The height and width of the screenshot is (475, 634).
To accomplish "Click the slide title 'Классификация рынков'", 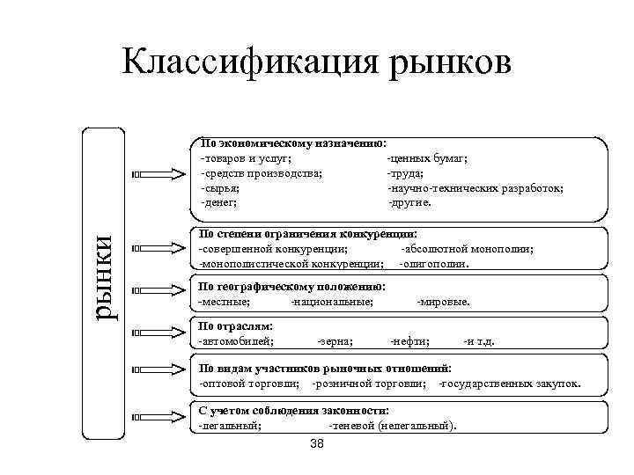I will [x=317, y=63].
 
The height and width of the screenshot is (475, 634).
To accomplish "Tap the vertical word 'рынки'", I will [x=107, y=281].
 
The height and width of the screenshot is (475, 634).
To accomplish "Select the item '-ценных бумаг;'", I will [x=426, y=158].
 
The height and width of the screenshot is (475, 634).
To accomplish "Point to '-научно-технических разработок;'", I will [x=475, y=188].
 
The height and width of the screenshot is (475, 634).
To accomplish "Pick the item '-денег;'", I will [x=219, y=202].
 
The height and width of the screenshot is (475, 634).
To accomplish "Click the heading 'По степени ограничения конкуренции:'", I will [x=308, y=234].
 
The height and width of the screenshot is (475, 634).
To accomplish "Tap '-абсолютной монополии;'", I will [x=467, y=249].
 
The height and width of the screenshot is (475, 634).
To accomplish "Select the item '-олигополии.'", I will [x=433, y=263].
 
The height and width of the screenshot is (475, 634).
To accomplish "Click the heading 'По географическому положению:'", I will [x=291, y=287].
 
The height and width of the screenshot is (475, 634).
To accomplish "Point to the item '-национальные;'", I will [x=332, y=302].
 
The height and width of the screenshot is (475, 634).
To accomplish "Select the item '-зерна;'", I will [x=335, y=340].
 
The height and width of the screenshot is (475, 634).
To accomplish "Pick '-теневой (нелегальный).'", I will [x=392, y=426].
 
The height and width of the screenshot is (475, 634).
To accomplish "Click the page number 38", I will [x=317, y=444].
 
